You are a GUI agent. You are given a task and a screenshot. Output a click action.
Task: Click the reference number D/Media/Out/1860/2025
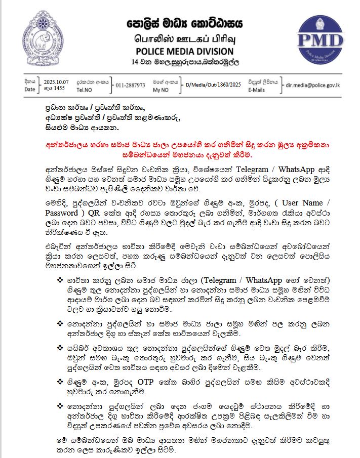pos(213,85)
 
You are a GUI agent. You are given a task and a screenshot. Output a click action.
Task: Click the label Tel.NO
pos(84,90)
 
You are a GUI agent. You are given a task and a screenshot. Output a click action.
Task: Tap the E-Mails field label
pos(257,90)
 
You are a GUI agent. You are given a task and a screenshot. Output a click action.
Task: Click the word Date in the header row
pos(30,90)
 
